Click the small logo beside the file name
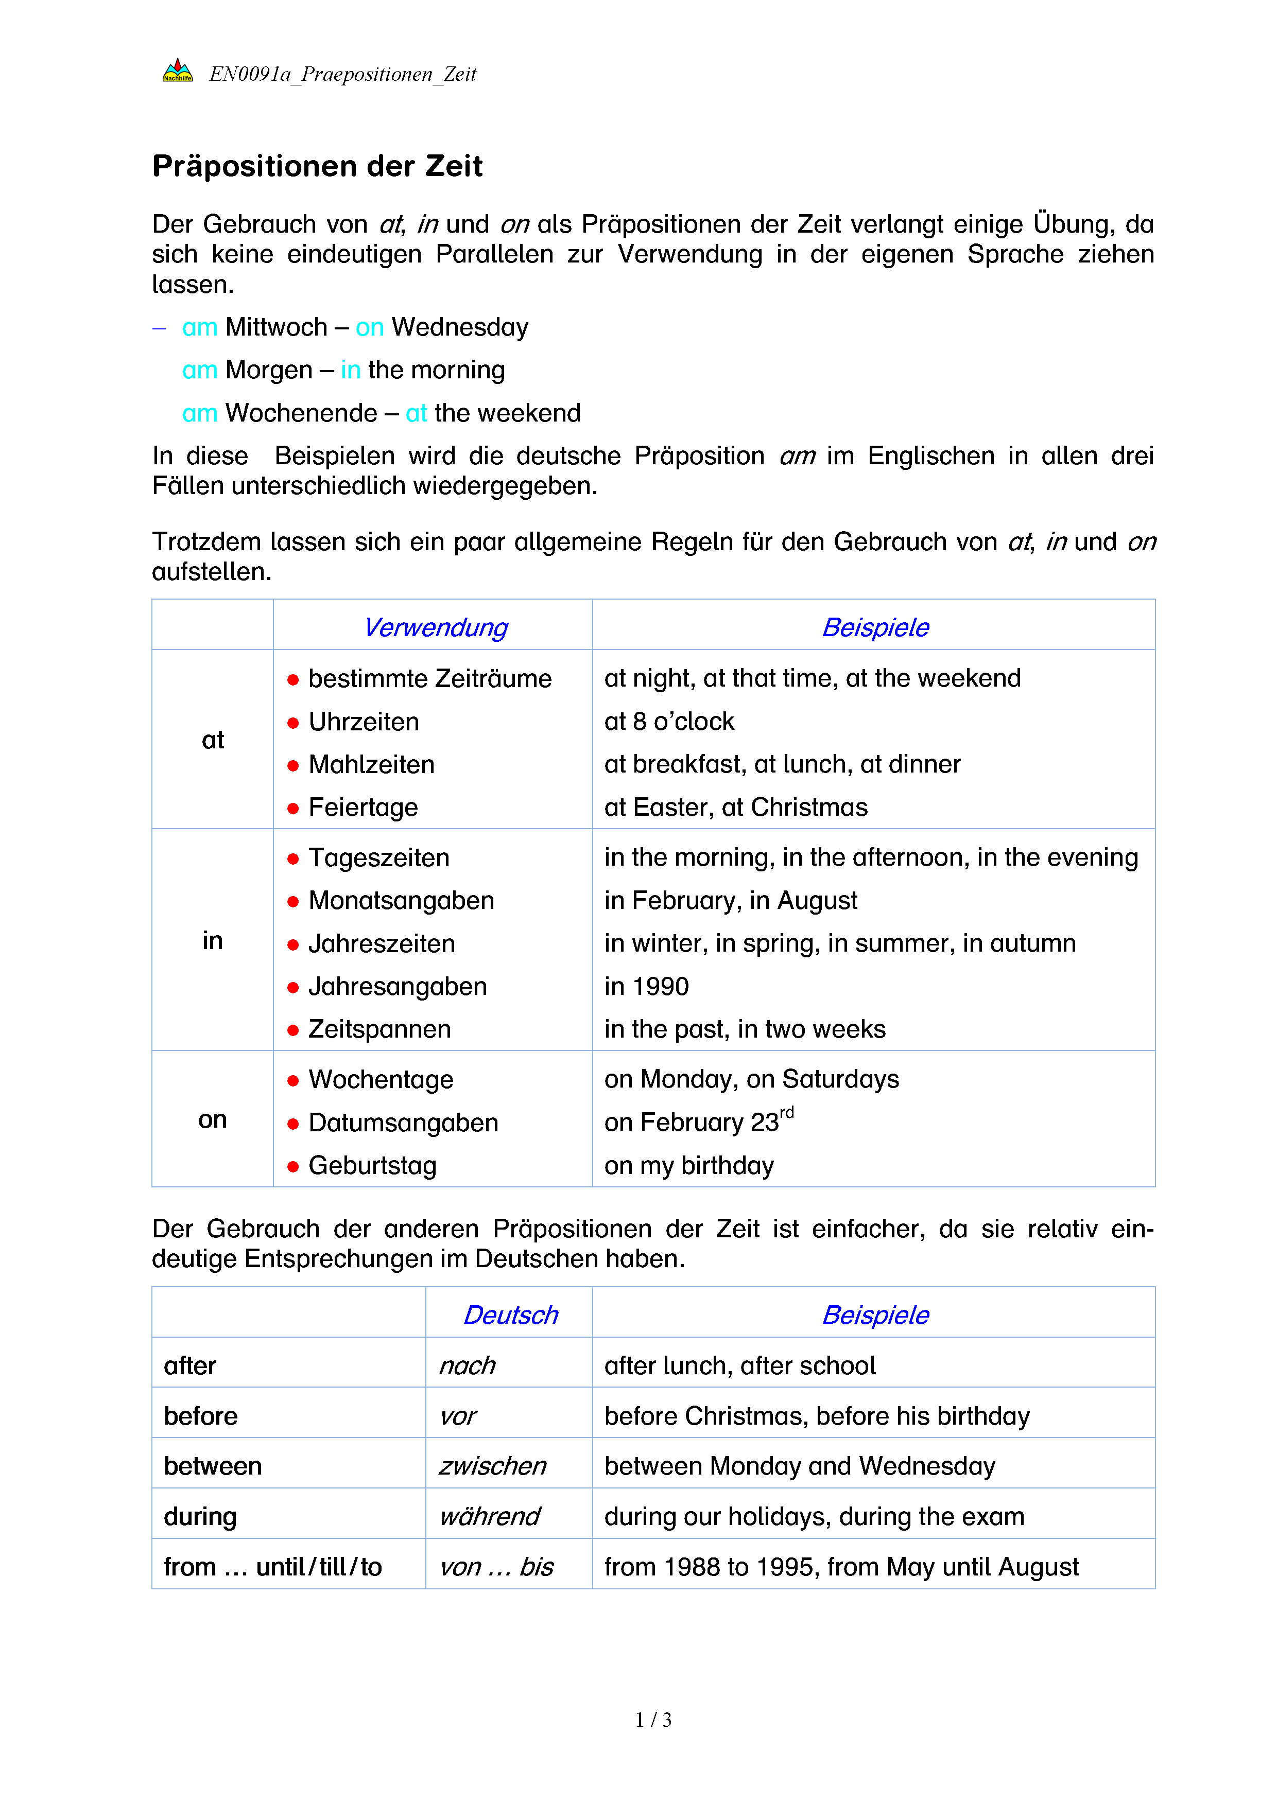tap(177, 72)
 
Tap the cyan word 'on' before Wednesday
tap(370, 327)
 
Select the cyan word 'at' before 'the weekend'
tap(416, 413)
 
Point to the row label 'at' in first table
tap(212, 740)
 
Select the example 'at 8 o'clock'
tap(668, 722)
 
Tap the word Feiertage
tap(363, 808)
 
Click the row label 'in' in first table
tap(212, 940)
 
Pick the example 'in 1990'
tap(646, 986)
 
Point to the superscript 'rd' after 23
tap(786, 1112)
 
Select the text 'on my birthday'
tap(689, 1165)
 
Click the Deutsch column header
tap(510, 1315)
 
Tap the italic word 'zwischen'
tap(492, 1466)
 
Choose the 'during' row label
tap(200, 1516)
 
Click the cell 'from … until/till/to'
tap(272, 1567)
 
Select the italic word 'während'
tap(490, 1516)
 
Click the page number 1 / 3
tap(652, 1720)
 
